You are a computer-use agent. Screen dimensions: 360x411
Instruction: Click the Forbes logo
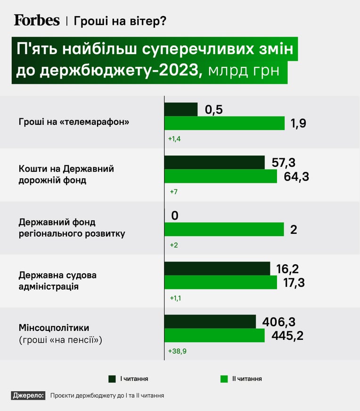(x=37, y=20)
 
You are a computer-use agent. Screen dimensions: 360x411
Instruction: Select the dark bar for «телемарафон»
(x=181, y=109)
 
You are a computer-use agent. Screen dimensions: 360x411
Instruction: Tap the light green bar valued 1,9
(x=225, y=123)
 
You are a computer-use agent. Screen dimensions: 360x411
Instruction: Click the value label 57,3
(x=284, y=163)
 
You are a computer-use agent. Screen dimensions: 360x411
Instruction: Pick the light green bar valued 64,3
(x=221, y=176)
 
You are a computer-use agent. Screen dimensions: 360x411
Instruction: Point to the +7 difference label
(x=174, y=192)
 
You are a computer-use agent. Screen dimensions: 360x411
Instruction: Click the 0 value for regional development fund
(x=175, y=215)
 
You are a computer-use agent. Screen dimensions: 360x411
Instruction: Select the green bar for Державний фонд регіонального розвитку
(x=224, y=230)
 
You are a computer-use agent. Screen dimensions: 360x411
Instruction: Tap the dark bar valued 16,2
(x=217, y=268)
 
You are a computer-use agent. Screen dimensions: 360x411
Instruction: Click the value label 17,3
(x=294, y=283)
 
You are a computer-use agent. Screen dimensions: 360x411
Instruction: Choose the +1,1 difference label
(x=175, y=298)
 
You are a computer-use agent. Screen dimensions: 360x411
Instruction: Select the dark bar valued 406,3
(x=210, y=321)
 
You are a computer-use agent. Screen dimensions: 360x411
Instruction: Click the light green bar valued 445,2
(x=214, y=335)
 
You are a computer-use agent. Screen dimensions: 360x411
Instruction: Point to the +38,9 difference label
(x=177, y=351)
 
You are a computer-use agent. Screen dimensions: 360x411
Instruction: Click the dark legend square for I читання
(x=112, y=379)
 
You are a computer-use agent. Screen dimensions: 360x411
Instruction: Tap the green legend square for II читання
(x=224, y=379)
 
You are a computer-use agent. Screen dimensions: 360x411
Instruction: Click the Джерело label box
(x=28, y=395)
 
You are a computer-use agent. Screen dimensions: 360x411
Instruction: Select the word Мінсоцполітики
(x=54, y=328)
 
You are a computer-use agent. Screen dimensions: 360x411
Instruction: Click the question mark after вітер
(x=163, y=21)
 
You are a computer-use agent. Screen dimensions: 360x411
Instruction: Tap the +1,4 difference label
(x=174, y=139)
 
